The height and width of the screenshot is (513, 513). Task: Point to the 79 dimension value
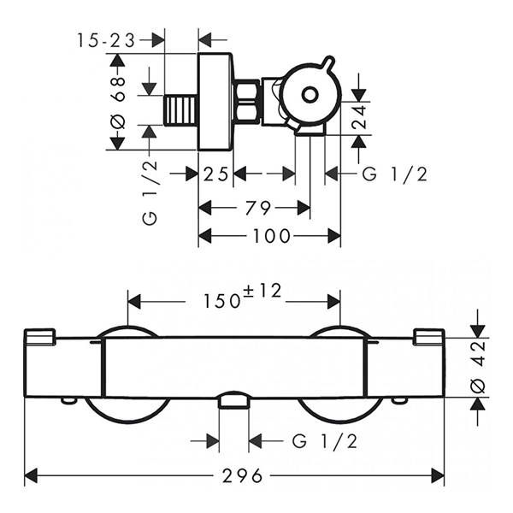pyautogui.click(x=254, y=207)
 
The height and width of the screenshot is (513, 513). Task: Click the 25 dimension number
pyautogui.click(x=215, y=174)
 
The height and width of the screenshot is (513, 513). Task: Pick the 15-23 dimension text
pyautogui.click(x=108, y=38)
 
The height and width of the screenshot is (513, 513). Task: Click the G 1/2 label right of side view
pyautogui.click(x=394, y=174)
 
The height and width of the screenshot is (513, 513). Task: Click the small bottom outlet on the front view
pyautogui.click(x=233, y=401)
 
